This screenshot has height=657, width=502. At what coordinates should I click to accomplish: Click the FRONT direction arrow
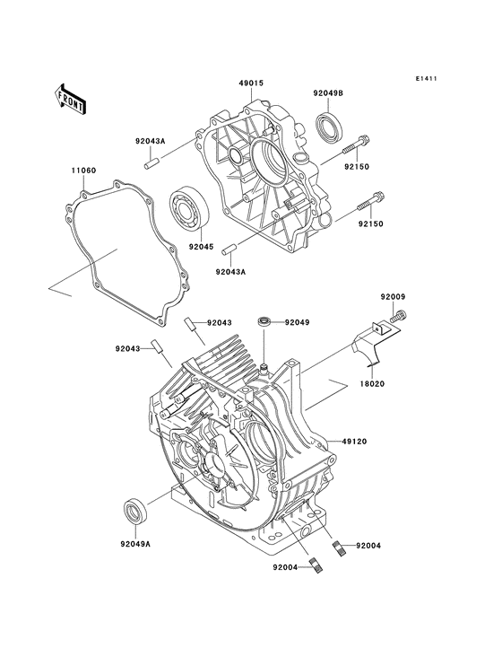pyautogui.click(x=71, y=98)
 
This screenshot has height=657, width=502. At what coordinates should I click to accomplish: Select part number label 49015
pyautogui.click(x=251, y=83)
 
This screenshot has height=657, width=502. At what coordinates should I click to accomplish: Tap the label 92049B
pyautogui.click(x=327, y=92)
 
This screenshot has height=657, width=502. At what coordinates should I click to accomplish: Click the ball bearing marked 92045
pyautogui.click(x=189, y=208)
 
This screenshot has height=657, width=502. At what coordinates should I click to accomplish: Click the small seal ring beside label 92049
pyautogui.click(x=265, y=320)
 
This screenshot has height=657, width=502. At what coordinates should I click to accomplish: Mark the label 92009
pyautogui.click(x=393, y=296)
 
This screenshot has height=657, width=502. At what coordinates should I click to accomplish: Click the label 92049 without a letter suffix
pyautogui.click(x=298, y=321)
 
